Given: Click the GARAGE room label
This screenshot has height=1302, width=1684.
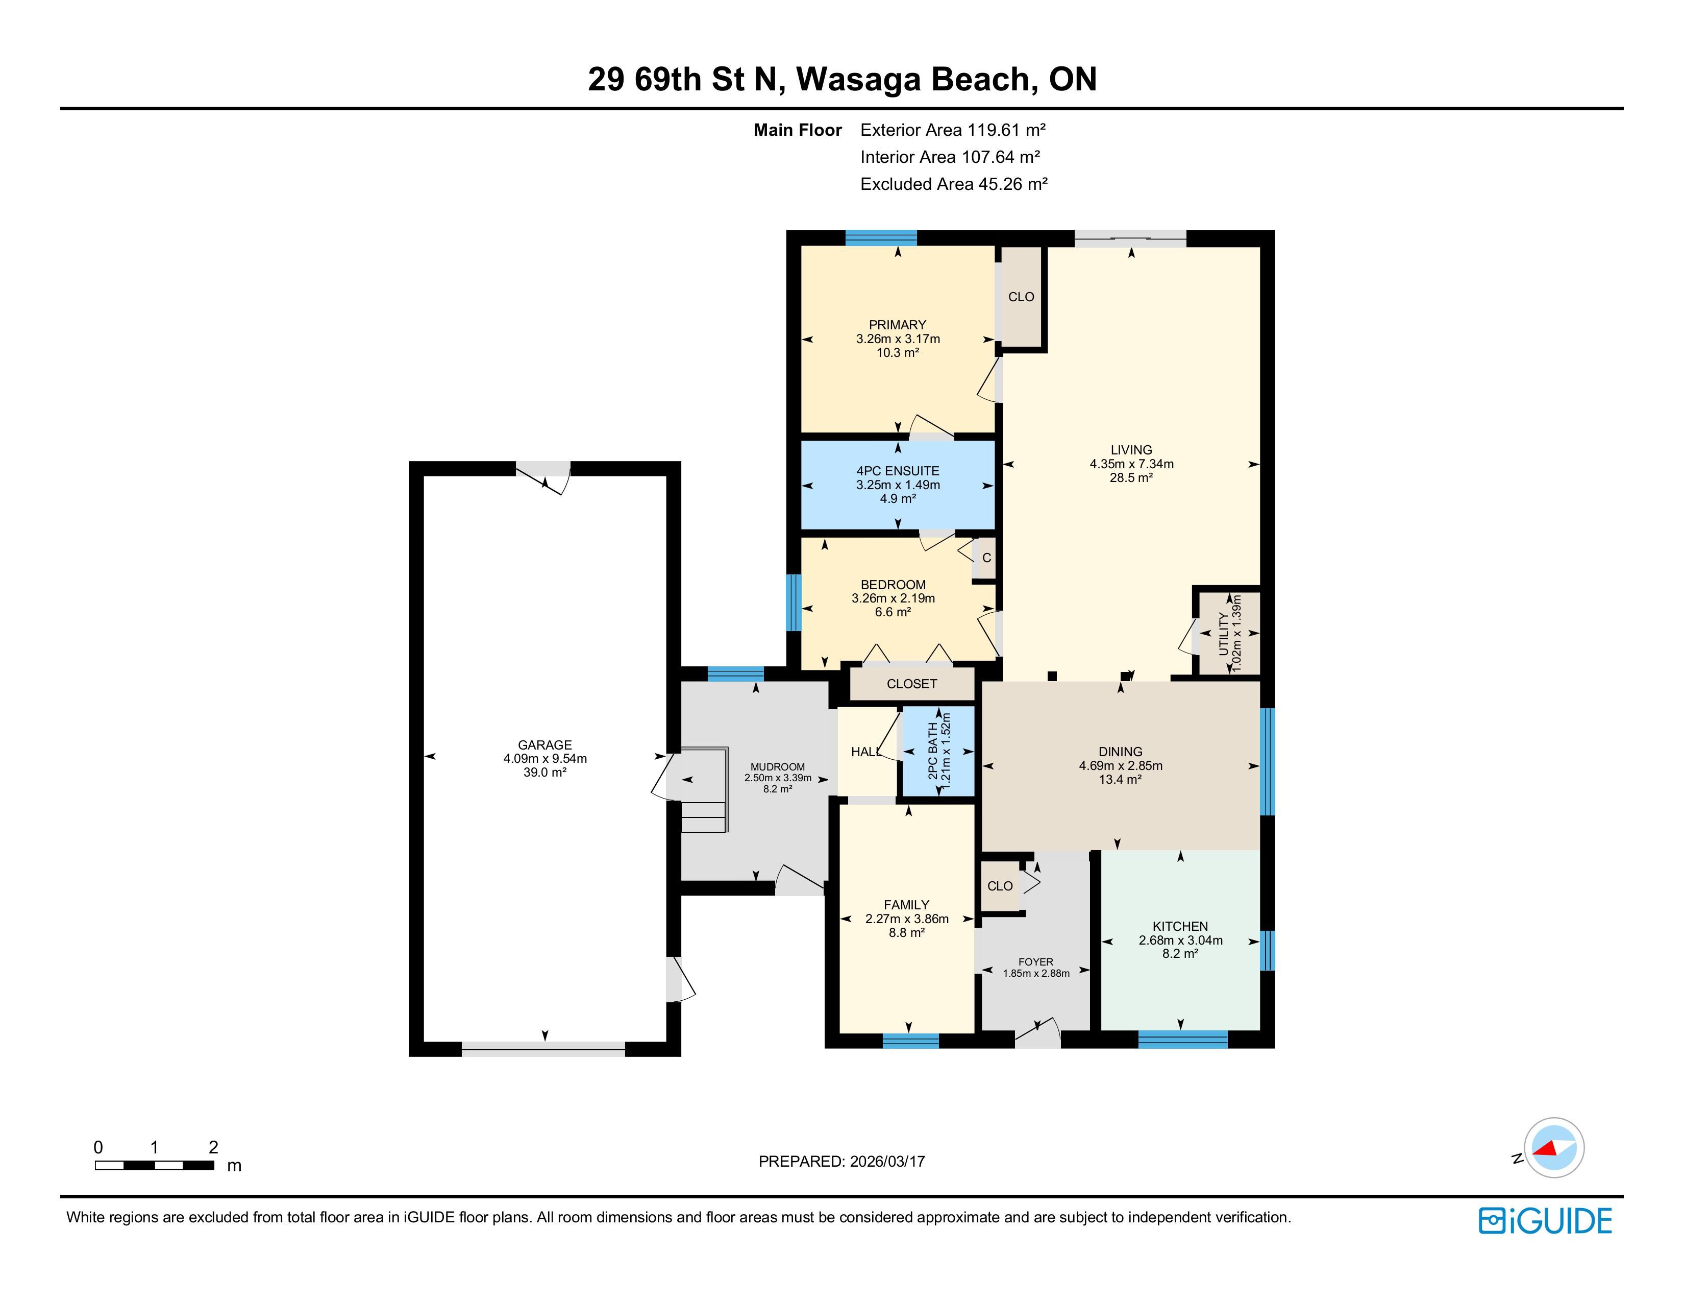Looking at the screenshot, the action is pyautogui.click(x=545, y=745).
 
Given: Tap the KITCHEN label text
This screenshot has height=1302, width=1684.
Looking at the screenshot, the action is pyautogui.click(x=1180, y=926).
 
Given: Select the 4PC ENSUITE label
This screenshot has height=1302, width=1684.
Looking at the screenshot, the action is pyautogui.click(x=898, y=471).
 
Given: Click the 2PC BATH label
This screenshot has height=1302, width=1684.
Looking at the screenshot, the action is pyautogui.click(x=933, y=751).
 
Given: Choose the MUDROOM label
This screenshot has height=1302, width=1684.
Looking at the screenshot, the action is pyautogui.click(x=777, y=767).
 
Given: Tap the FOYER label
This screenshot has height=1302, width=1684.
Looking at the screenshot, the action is pyautogui.click(x=1035, y=962).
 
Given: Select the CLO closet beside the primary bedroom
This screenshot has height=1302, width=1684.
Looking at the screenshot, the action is pyautogui.click(x=1021, y=297).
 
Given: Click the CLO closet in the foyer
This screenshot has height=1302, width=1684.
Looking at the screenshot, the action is pyautogui.click(x=1000, y=886).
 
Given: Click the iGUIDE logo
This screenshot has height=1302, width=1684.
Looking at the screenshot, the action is pyautogui.click(x=1545, y=1221).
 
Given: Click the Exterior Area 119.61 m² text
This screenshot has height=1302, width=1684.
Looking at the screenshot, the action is pyautogui.click(x=953, y=130).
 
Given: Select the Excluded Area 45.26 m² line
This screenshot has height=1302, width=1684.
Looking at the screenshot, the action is pyautogui.click(x=954, y=184).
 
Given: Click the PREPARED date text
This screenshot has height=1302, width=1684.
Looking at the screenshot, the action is pyautogui.click(x=842, y=1162).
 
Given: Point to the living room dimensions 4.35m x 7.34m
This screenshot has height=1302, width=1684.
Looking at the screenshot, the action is pyautogui.click(x=1131, y=464).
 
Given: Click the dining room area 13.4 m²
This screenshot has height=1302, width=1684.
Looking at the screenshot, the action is pyautogui.click(x=1120, y=780).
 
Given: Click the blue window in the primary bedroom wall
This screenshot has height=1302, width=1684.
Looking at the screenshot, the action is pyautogui.click(x=881, y=237).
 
